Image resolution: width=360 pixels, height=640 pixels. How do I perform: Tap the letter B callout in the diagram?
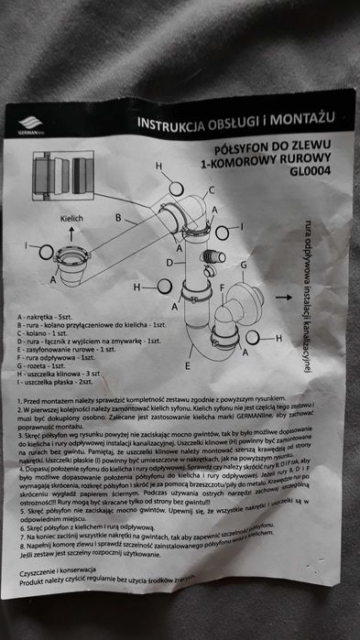tap(118, 217)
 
